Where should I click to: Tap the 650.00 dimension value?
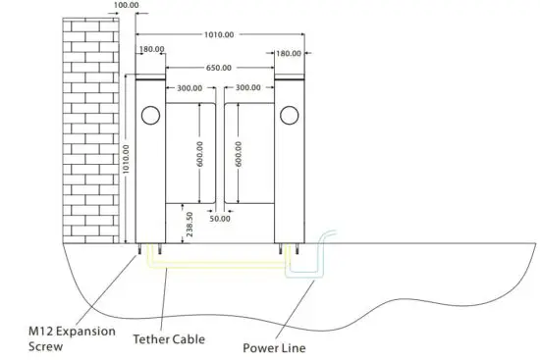tap(219, 68)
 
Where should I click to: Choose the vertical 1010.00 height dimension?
tap(126, 158)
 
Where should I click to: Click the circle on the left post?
tap(150, 115)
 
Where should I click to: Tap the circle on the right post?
tap(289, 115)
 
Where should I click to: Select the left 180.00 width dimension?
tap(152, 51)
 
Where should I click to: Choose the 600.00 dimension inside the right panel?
tap(239, 155)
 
